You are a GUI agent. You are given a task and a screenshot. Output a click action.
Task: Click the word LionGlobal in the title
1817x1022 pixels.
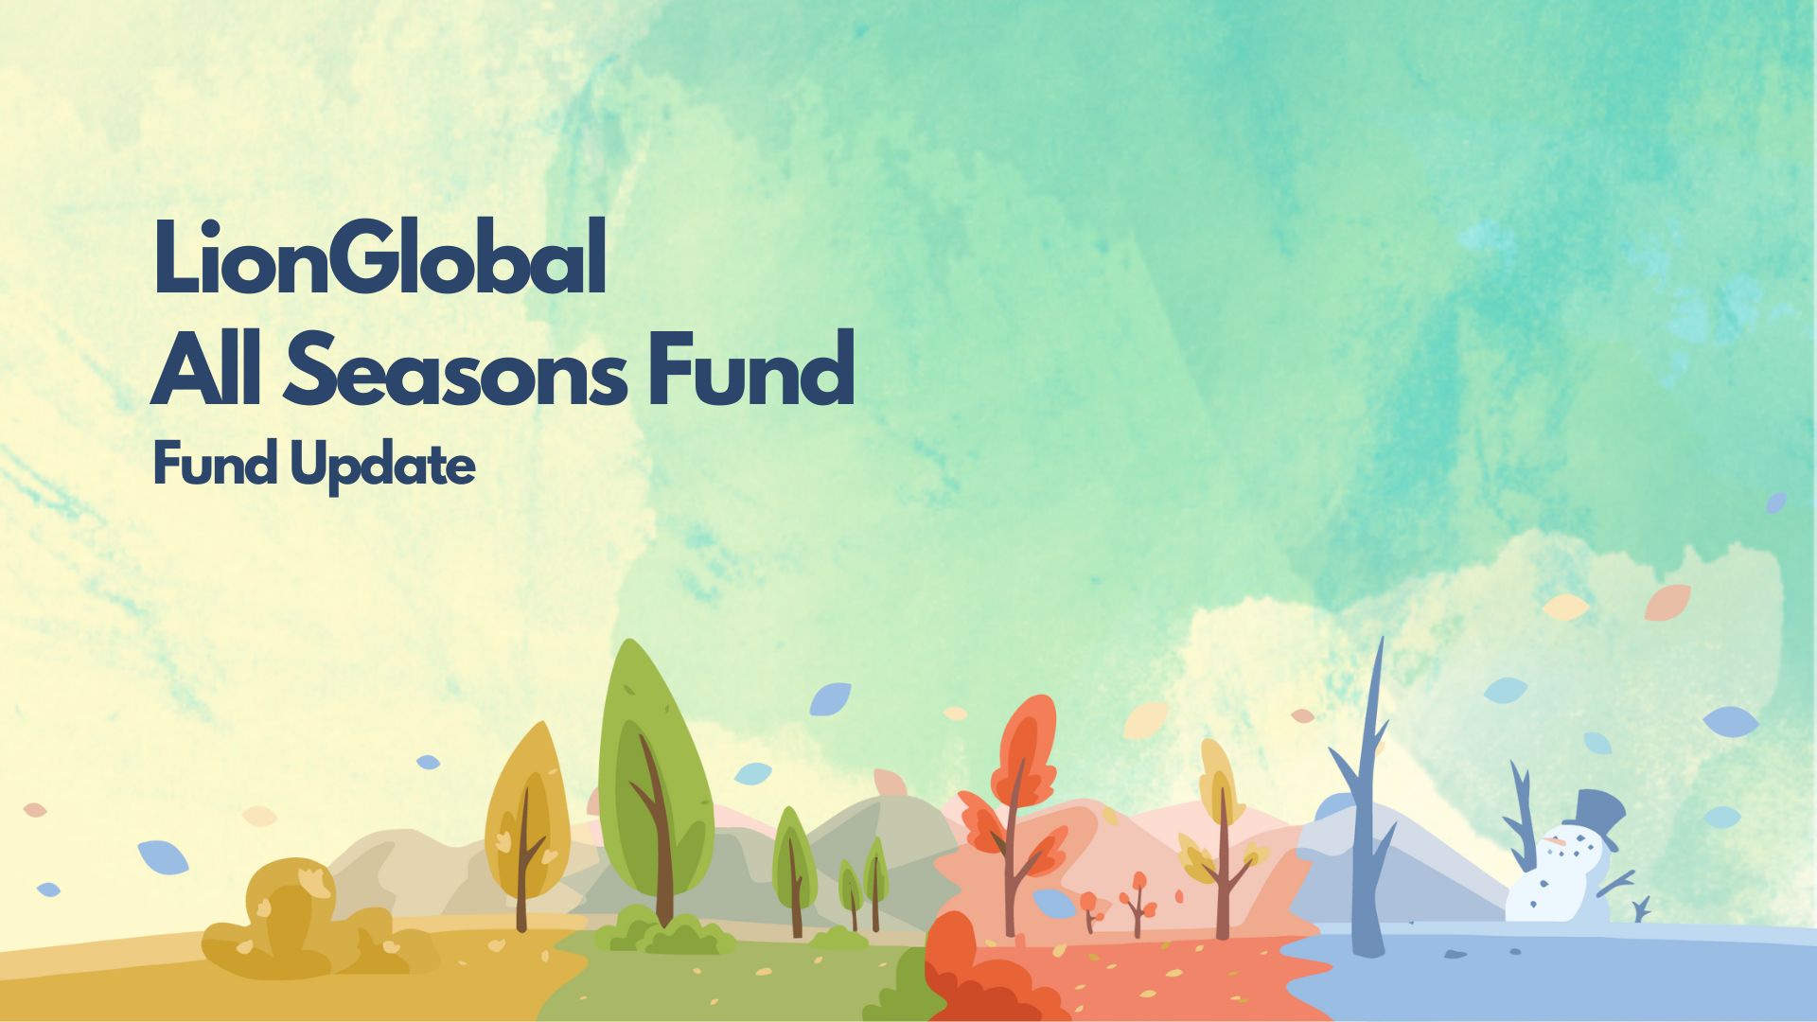pyautogui.click(x=379, y=257)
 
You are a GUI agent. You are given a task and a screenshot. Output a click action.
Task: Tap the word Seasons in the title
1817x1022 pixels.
pyautogui.click(x=455, y=369)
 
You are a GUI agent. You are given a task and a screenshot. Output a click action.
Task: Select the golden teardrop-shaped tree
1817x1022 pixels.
pyautogui.click(x=526, y=823)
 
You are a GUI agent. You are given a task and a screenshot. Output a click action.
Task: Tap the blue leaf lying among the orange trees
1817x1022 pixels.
pyautogui.click(x=1053, y=904)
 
